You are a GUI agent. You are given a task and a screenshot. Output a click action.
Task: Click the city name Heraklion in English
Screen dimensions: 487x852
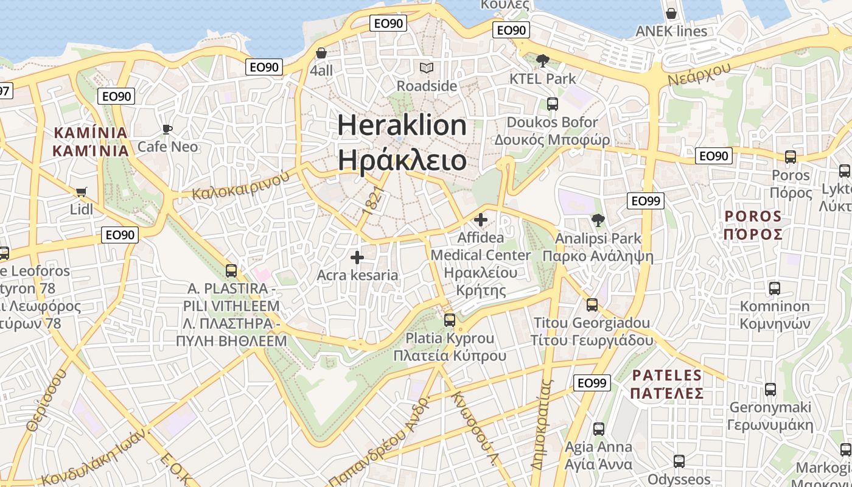click(x=402, y=125)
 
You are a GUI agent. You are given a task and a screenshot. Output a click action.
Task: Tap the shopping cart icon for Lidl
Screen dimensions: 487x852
click(x=81, y=192)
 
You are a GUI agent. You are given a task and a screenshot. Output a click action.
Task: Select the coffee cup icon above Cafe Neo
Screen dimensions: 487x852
click(x=167, y=129)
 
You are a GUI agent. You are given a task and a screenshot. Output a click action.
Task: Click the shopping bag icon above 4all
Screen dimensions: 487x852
click(x=321, y=54)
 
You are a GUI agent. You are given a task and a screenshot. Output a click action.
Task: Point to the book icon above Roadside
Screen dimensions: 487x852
click(x=427, y=68)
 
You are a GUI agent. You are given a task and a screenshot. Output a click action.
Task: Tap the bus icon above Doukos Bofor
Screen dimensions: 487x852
click(x=552, y=104)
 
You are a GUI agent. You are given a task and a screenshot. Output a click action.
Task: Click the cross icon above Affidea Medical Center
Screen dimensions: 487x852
click(x=481, y=220)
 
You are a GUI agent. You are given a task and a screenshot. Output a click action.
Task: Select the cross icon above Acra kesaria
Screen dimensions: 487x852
click(x=357, y=258)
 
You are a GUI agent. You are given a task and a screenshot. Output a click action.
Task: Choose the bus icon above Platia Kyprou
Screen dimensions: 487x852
click(x=450, y=320)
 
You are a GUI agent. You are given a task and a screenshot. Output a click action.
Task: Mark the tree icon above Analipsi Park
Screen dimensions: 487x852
click(x=598, y=220)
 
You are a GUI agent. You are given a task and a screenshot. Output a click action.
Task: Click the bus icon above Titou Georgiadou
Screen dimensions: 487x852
click(x=592, y=305)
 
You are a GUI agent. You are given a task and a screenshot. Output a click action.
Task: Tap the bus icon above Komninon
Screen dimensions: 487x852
click(x=774, y=289)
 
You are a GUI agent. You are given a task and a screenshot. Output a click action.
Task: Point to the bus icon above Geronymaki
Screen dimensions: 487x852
click(x=770, y=390)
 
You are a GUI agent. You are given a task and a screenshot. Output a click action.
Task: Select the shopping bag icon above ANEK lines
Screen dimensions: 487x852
click(x=671, y=13)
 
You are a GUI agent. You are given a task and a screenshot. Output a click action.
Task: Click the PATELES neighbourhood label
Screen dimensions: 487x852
click(x=667, y=375)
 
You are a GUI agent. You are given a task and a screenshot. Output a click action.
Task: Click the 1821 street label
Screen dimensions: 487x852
click(x=373, y=200)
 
